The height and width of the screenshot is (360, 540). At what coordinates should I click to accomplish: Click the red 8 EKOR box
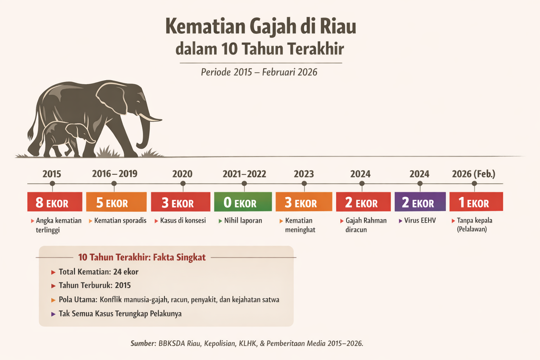(x=54, y=202)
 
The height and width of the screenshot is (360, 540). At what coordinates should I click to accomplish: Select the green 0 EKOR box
(x=243, y=202)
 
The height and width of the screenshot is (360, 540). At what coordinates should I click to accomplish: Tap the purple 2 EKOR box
(x=420, y=202)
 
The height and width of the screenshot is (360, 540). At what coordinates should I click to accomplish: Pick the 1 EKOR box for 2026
(x=476, y=202)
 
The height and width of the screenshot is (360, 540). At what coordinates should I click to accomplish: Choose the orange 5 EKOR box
(x=116, y=202)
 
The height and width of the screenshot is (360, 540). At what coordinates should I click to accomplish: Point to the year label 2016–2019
(x=115, y=174)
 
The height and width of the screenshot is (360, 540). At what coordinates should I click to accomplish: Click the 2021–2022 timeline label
(x=244, y=174)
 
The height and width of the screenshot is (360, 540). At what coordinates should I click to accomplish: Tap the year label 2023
(x=304, y=174)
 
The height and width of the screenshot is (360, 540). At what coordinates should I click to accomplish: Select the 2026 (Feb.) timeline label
(x=474, y=174)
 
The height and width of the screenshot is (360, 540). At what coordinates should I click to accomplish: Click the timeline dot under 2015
(x=52, y=184)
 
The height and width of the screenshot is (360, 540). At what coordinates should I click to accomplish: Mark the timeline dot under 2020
(x=183, y=184)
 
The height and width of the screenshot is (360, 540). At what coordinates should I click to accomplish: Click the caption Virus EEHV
(x=420, y=221)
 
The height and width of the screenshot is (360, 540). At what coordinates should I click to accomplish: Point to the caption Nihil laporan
(x=243, y=221)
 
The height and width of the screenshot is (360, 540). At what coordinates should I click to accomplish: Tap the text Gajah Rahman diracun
(x=366, y=225)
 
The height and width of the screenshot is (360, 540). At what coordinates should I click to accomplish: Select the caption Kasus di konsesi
(x=183, y=221)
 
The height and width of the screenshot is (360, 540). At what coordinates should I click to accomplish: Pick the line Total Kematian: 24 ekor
(x=98, y=272)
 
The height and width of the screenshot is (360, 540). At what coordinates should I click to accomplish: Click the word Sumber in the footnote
(x=143, y=343)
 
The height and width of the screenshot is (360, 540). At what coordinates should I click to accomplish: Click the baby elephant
(x=65, y=137)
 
